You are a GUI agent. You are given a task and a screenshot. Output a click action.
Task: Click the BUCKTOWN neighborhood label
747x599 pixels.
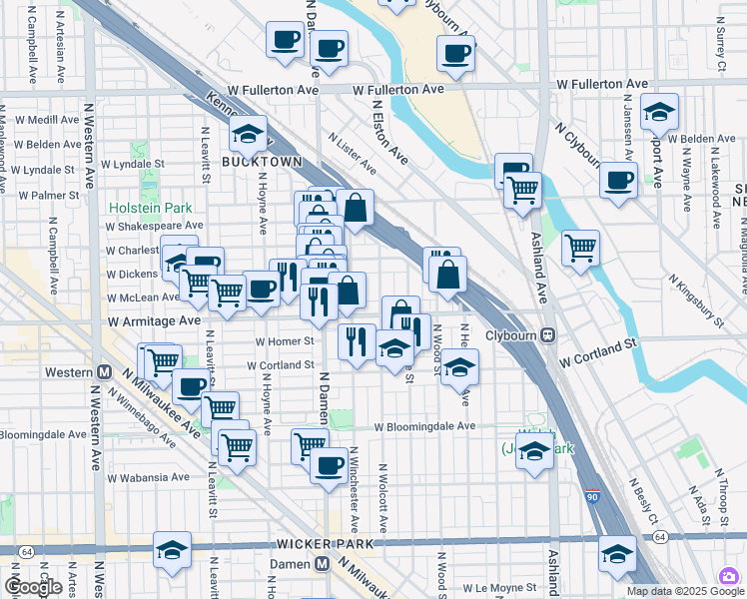[x=248, y=161]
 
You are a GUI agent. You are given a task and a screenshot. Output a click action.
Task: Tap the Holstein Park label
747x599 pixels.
[x=151, y=208]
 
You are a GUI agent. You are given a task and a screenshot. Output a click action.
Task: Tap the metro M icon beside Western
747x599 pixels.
[x=104, y=372]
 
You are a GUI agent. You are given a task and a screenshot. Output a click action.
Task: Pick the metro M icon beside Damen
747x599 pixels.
[x=323, y=564]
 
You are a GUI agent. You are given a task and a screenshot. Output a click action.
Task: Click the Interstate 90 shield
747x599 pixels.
[x=593, y=496]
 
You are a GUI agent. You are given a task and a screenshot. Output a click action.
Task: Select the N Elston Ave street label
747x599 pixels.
[x=389, y=130]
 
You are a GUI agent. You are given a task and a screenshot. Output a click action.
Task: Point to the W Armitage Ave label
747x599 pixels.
[x=154, y=321]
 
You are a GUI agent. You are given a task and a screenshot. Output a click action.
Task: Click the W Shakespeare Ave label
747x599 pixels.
[x=154, y=227]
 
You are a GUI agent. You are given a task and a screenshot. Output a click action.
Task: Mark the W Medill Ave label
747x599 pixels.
[x=47, y=119]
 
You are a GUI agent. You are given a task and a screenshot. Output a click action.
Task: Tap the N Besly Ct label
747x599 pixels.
[x=644, y=500]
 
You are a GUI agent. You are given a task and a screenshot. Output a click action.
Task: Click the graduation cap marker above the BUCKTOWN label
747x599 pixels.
[x=248, y=133]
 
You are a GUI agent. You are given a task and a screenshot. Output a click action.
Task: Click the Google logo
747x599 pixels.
[x=33, y=587]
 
